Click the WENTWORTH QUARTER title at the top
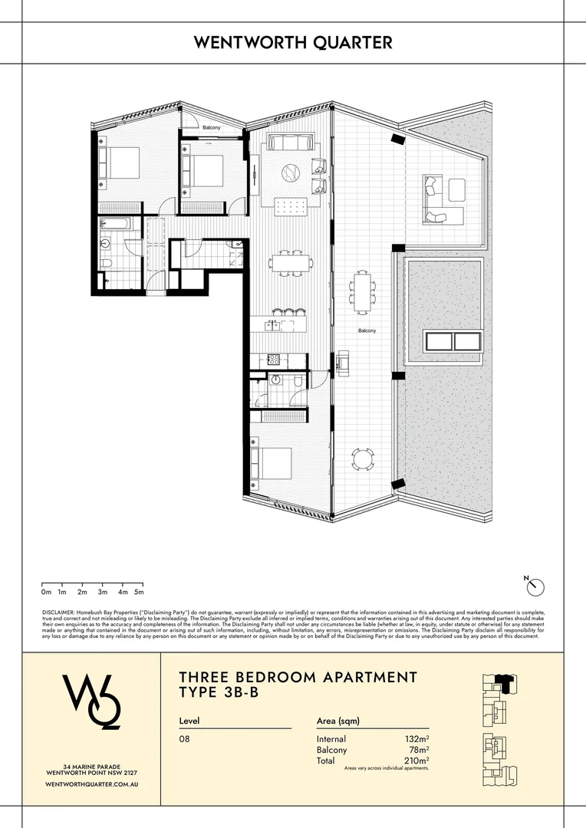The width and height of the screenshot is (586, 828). [x=293, y=42]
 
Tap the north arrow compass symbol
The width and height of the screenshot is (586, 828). [x=535, y=586]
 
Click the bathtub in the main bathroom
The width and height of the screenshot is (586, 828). [x=117, y=224]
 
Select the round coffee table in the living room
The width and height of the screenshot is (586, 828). [x=291, y=172]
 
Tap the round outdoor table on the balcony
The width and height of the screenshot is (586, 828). [x=363, y=459]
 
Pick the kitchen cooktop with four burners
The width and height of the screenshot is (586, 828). [x=272, y=360]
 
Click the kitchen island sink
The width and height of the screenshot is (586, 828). [x=272, y=326]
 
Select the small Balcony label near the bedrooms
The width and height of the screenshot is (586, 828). [x=211, y=127]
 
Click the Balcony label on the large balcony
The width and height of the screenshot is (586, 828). [x=367, y=330]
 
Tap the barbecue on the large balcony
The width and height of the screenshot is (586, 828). [x=342, y=360]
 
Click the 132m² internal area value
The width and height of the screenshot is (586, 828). [x=416, y=739]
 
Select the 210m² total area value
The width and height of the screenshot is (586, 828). [x=416, y=761]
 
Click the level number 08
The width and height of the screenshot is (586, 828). [x=184, y=739]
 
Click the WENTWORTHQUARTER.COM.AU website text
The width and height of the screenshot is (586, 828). [x=91, y=784]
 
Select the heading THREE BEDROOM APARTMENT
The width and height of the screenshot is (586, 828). [x=298, y=678]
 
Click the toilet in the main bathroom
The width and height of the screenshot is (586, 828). [x=107, y=263]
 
